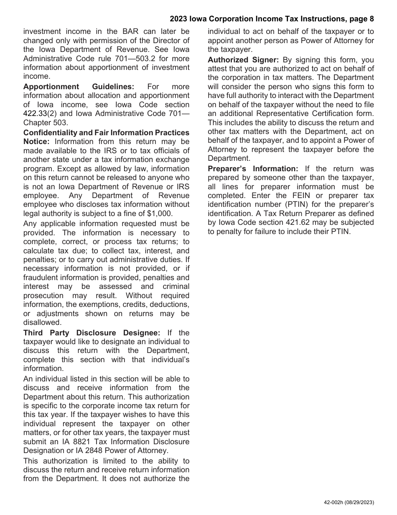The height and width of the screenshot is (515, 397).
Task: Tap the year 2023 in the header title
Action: tap(180, 19)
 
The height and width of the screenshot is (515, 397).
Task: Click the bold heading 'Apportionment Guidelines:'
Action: tap(79, 87)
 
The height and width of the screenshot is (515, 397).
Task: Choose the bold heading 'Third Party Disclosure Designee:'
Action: tap(92, 333)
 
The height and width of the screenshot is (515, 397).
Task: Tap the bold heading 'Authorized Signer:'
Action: tap(243, 60)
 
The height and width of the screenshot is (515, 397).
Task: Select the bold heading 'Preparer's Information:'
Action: tap(253, 169)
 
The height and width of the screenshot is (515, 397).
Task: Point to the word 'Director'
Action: tap(168, 40)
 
